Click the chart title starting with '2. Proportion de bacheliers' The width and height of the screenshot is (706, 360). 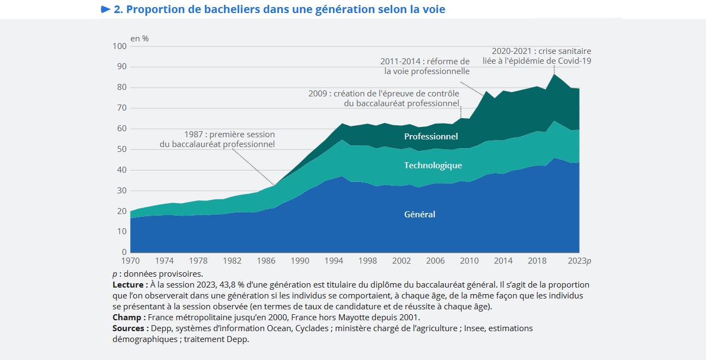(279, 9)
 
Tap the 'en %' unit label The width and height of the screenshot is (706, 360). (139, 39)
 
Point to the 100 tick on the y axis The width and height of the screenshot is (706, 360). (120, 46)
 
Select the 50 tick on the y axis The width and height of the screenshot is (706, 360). (122, 149)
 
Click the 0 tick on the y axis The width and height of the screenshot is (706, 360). (124, 252)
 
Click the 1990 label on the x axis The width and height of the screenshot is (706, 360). (300, 261)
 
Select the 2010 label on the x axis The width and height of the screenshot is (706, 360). (469, 261)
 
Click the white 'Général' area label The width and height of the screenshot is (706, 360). (419, 215)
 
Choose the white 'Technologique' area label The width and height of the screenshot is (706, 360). (433, 166)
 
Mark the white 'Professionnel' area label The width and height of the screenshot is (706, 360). (431, 137)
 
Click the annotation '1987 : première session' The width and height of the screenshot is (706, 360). (229, 134)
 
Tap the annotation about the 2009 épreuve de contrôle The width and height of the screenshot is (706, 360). (384, 94)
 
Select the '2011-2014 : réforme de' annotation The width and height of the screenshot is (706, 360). (424, 61)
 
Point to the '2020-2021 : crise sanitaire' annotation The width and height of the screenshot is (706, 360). (541, 51)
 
